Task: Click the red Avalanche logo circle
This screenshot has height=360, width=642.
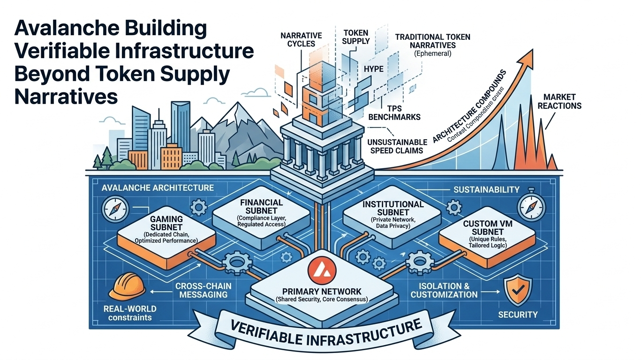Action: click(x=320, y=270)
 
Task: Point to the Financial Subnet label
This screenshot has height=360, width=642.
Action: click(x=261, y=207)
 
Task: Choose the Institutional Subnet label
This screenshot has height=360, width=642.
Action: click(x=393, y=209)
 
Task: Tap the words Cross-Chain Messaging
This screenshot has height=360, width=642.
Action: click(x=201, y=290)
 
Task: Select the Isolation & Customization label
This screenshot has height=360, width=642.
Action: click(x=444, y=290)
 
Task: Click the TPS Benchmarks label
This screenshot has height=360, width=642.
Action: click(x=394, y=112)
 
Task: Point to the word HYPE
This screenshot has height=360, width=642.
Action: click(x=373, y=69)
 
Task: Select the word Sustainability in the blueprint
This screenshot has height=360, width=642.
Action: click(x=486, y=190)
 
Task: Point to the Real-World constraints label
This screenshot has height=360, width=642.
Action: click(x=129, y=314)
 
